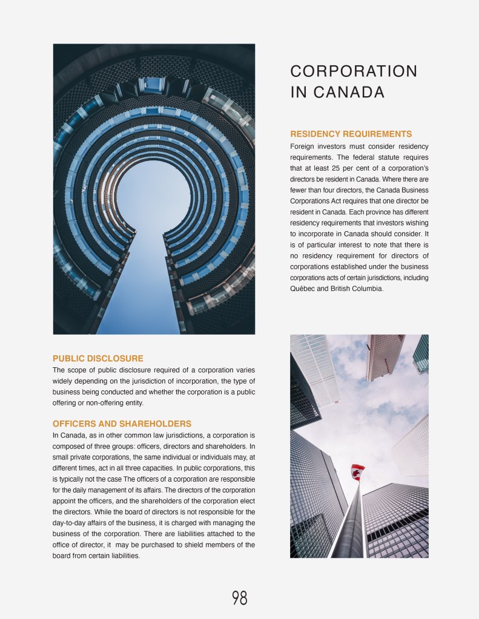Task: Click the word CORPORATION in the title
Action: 354,71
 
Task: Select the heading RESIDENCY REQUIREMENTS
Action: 351,134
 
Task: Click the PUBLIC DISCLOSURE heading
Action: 98,358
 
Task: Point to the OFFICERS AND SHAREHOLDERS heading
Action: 122,424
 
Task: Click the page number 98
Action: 239,598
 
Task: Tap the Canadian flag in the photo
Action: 358,472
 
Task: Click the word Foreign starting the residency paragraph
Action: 306,146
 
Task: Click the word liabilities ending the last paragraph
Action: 124,555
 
